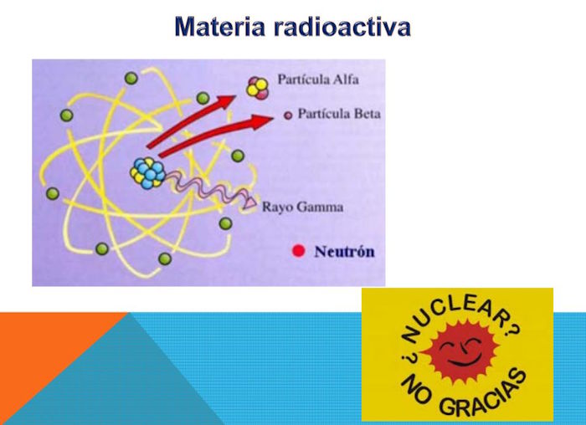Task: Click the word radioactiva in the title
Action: (342, 27)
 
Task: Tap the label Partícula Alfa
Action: (318, 79)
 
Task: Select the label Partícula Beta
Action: (339, 114)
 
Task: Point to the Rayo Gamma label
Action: (302, 207)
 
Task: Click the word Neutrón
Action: (344, 251)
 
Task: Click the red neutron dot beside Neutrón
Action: (298, 251)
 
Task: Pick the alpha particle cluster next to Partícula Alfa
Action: (257, 88)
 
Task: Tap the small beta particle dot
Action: (288, 115)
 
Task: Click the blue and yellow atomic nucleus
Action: (148, 173)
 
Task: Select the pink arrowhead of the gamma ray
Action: (249, 202)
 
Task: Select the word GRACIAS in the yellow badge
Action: (485, 396)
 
